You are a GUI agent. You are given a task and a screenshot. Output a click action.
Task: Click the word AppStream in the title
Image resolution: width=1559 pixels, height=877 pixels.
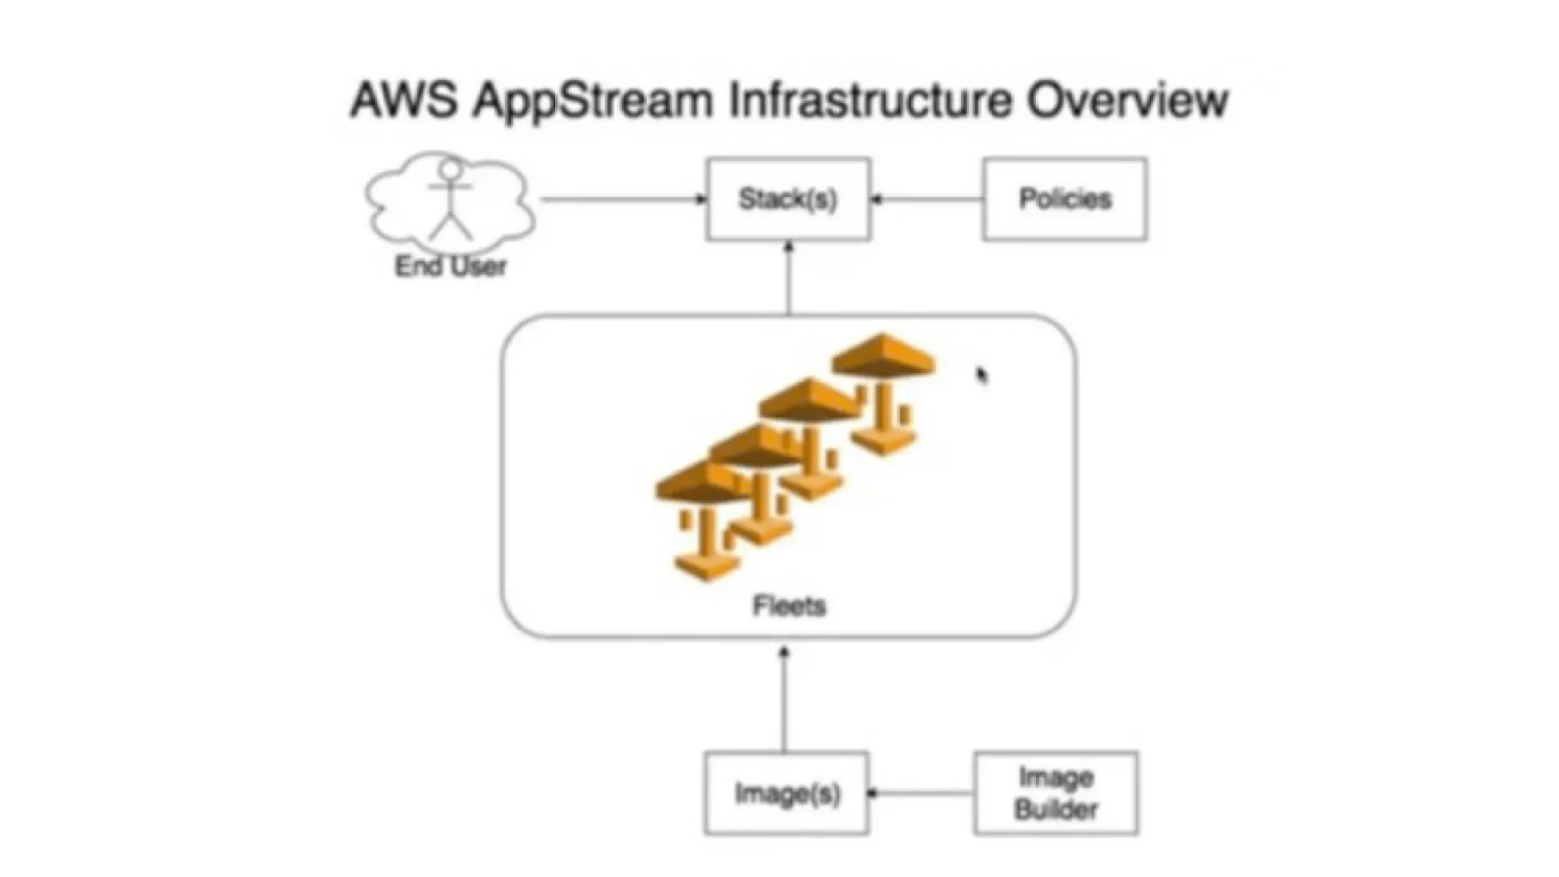tap(593, 101)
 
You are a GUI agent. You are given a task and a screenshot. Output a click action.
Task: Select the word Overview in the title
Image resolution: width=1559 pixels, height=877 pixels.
tap(1127, 100)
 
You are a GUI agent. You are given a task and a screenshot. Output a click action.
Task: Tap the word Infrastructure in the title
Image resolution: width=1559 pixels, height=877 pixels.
tap(870, 100)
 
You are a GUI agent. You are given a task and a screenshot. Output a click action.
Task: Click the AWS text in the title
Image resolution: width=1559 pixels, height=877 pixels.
tap(404, 100)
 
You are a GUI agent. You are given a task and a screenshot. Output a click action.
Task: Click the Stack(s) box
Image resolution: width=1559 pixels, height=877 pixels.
tap(788, 199)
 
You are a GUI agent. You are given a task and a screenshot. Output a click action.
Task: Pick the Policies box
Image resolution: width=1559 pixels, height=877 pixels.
tap(1064, 199)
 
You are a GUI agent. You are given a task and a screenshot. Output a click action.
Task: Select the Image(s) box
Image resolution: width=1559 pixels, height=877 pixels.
tap(786, 793)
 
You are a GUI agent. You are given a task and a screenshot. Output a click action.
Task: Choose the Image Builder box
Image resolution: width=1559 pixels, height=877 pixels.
tap(1056, 793)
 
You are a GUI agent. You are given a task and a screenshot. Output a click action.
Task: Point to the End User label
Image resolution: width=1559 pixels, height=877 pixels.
tap(450, 267)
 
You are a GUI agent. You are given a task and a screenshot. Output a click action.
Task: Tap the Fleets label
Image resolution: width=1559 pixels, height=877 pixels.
tap(789, 606)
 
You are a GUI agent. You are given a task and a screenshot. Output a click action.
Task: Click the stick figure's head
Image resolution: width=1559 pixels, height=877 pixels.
tap(450, 169)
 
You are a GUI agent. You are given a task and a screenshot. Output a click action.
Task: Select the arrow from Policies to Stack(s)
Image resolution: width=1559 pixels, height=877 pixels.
tap(927, 199)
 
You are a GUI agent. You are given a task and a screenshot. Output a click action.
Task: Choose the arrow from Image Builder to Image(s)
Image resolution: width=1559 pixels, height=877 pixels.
tap(921, 793)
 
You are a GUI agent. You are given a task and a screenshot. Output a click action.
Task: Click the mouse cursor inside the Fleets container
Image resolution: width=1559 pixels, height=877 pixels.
tap(982, 375)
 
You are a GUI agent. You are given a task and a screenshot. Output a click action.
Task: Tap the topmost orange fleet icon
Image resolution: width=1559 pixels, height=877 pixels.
tap(884, 391)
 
